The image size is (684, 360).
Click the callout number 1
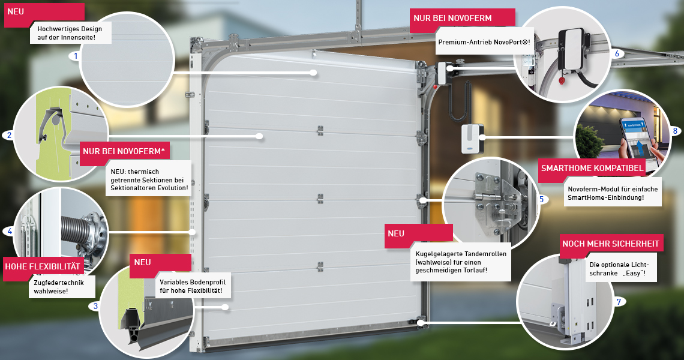click(x=76, y=55)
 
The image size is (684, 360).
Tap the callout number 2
click(x=9, y=135)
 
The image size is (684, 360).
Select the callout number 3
click(x=95, y=306)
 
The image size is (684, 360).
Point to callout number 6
click(x=617, y=53)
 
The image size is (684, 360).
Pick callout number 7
click(x=619, y=302)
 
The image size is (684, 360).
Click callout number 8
click(x=675, y=130)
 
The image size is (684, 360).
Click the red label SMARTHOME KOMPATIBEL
click(x=592, y=168)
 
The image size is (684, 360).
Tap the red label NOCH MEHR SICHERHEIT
click(x=611, y=244)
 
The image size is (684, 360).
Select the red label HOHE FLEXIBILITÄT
click(x=43, y=266)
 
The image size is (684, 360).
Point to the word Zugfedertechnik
click(x=59, y=283)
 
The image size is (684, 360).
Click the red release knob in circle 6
click(x=562, y=80)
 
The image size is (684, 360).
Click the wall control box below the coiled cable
click(x=472, y=138)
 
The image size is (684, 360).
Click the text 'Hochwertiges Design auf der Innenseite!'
click(x=70, y=33)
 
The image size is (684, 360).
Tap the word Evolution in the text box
click(x=173, y=188)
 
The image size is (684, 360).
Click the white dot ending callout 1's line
click(x=313, y=73)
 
